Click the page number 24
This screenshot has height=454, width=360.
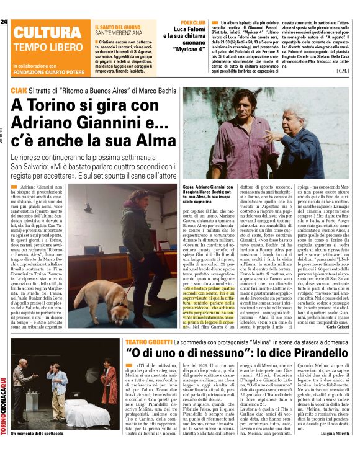tap(4, 22)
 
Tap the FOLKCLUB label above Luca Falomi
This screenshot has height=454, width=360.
tap(189, 22)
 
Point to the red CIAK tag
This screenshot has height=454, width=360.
tap(19, 91)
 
